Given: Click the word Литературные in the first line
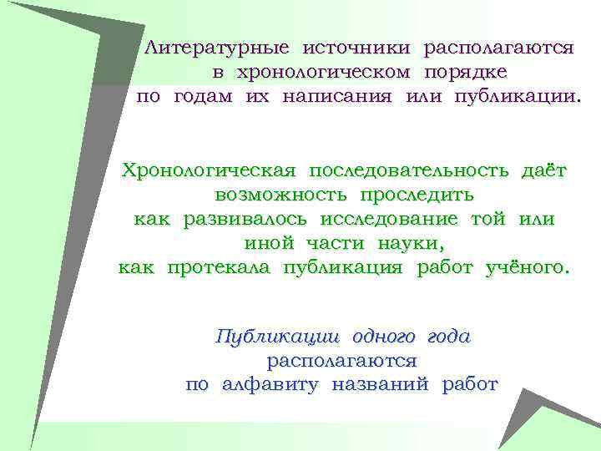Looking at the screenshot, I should pos(216,48).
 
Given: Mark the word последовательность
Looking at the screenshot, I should pos(408,171).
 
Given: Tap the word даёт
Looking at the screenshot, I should pos(543,171).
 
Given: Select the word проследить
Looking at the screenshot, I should pos(417,195).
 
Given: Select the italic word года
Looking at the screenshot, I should pos(448,337).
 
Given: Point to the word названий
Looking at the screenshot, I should pos(381,385).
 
